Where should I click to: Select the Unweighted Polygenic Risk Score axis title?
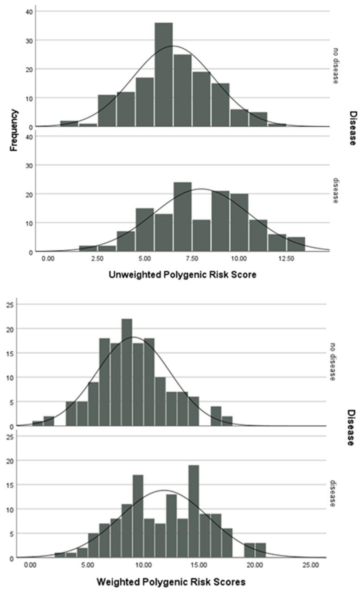tap(182, 275)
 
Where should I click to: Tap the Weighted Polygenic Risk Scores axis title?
tap(171, 582)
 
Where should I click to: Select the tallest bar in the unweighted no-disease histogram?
tap(164, 74)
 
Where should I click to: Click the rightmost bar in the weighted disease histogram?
tap(261, 550)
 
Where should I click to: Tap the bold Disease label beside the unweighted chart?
tap(353, 129)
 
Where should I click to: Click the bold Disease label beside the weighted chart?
tap(351, 428)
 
